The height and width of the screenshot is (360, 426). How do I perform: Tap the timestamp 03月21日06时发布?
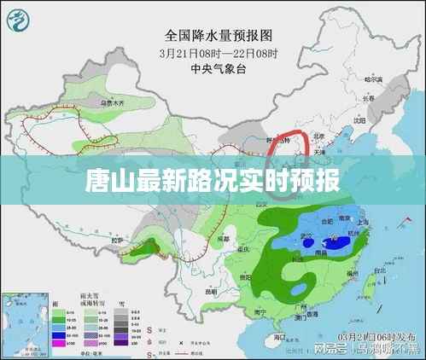tap(376, 335)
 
